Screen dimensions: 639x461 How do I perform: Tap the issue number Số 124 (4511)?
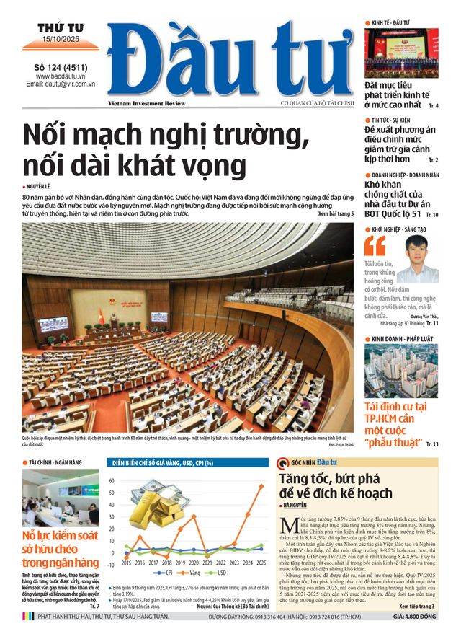[x=60, y=67]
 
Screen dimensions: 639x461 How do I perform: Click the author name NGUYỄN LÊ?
[x=43, y=185]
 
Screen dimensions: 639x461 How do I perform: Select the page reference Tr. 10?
[x=431, y=215]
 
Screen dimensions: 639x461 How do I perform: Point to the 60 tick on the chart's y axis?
[x=112, y=480]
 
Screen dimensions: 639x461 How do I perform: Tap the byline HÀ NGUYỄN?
[x=305, y=506]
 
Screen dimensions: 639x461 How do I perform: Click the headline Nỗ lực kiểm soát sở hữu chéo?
[x=61, y=549]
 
